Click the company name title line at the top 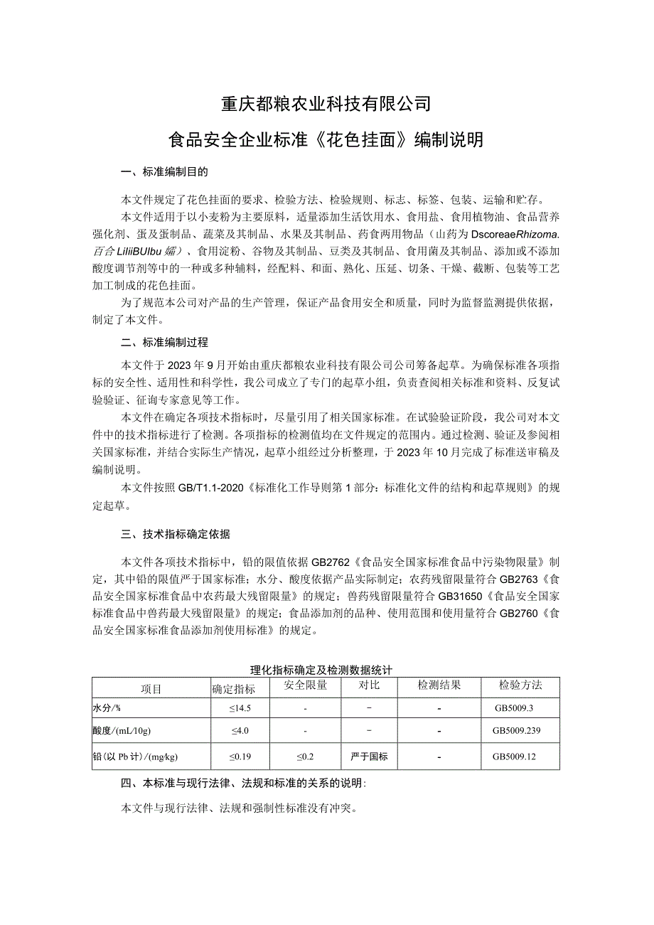326,105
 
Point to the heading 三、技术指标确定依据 175,533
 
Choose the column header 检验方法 520,686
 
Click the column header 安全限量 305,686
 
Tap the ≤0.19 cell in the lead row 240,756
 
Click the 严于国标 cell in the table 369,756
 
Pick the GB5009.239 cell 520,731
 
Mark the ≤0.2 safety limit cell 305,756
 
